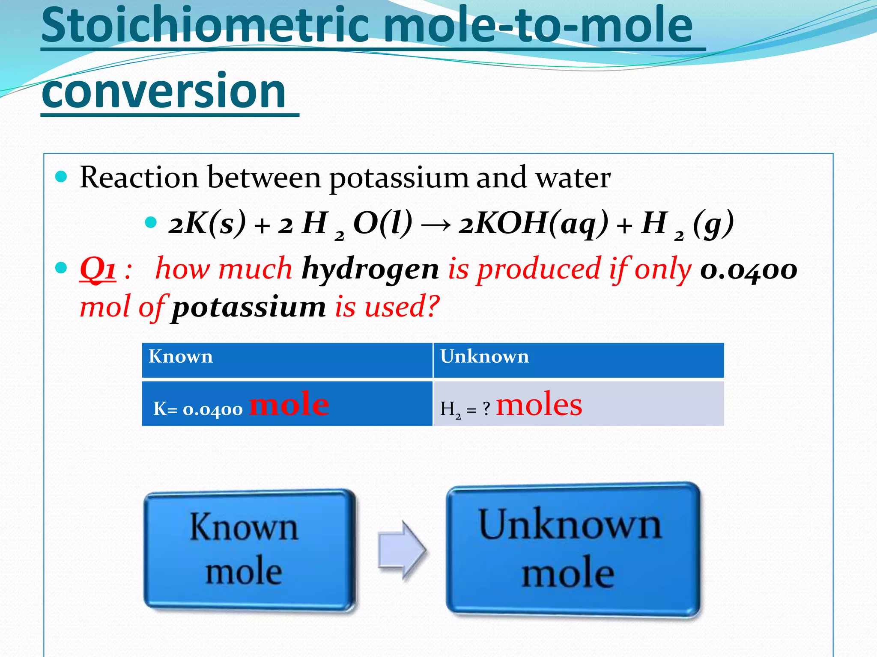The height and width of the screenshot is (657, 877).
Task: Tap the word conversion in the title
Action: [164, 91]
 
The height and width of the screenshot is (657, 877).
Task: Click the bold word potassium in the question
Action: [249, 307]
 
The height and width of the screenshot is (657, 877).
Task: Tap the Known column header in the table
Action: [181, 357]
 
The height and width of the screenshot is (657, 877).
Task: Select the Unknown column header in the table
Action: [484, 357]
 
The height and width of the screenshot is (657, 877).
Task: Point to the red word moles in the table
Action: [539, 405]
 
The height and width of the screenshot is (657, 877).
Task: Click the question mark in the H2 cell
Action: [486, 409]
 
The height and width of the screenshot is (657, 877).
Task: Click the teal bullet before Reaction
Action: [62, 177]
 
